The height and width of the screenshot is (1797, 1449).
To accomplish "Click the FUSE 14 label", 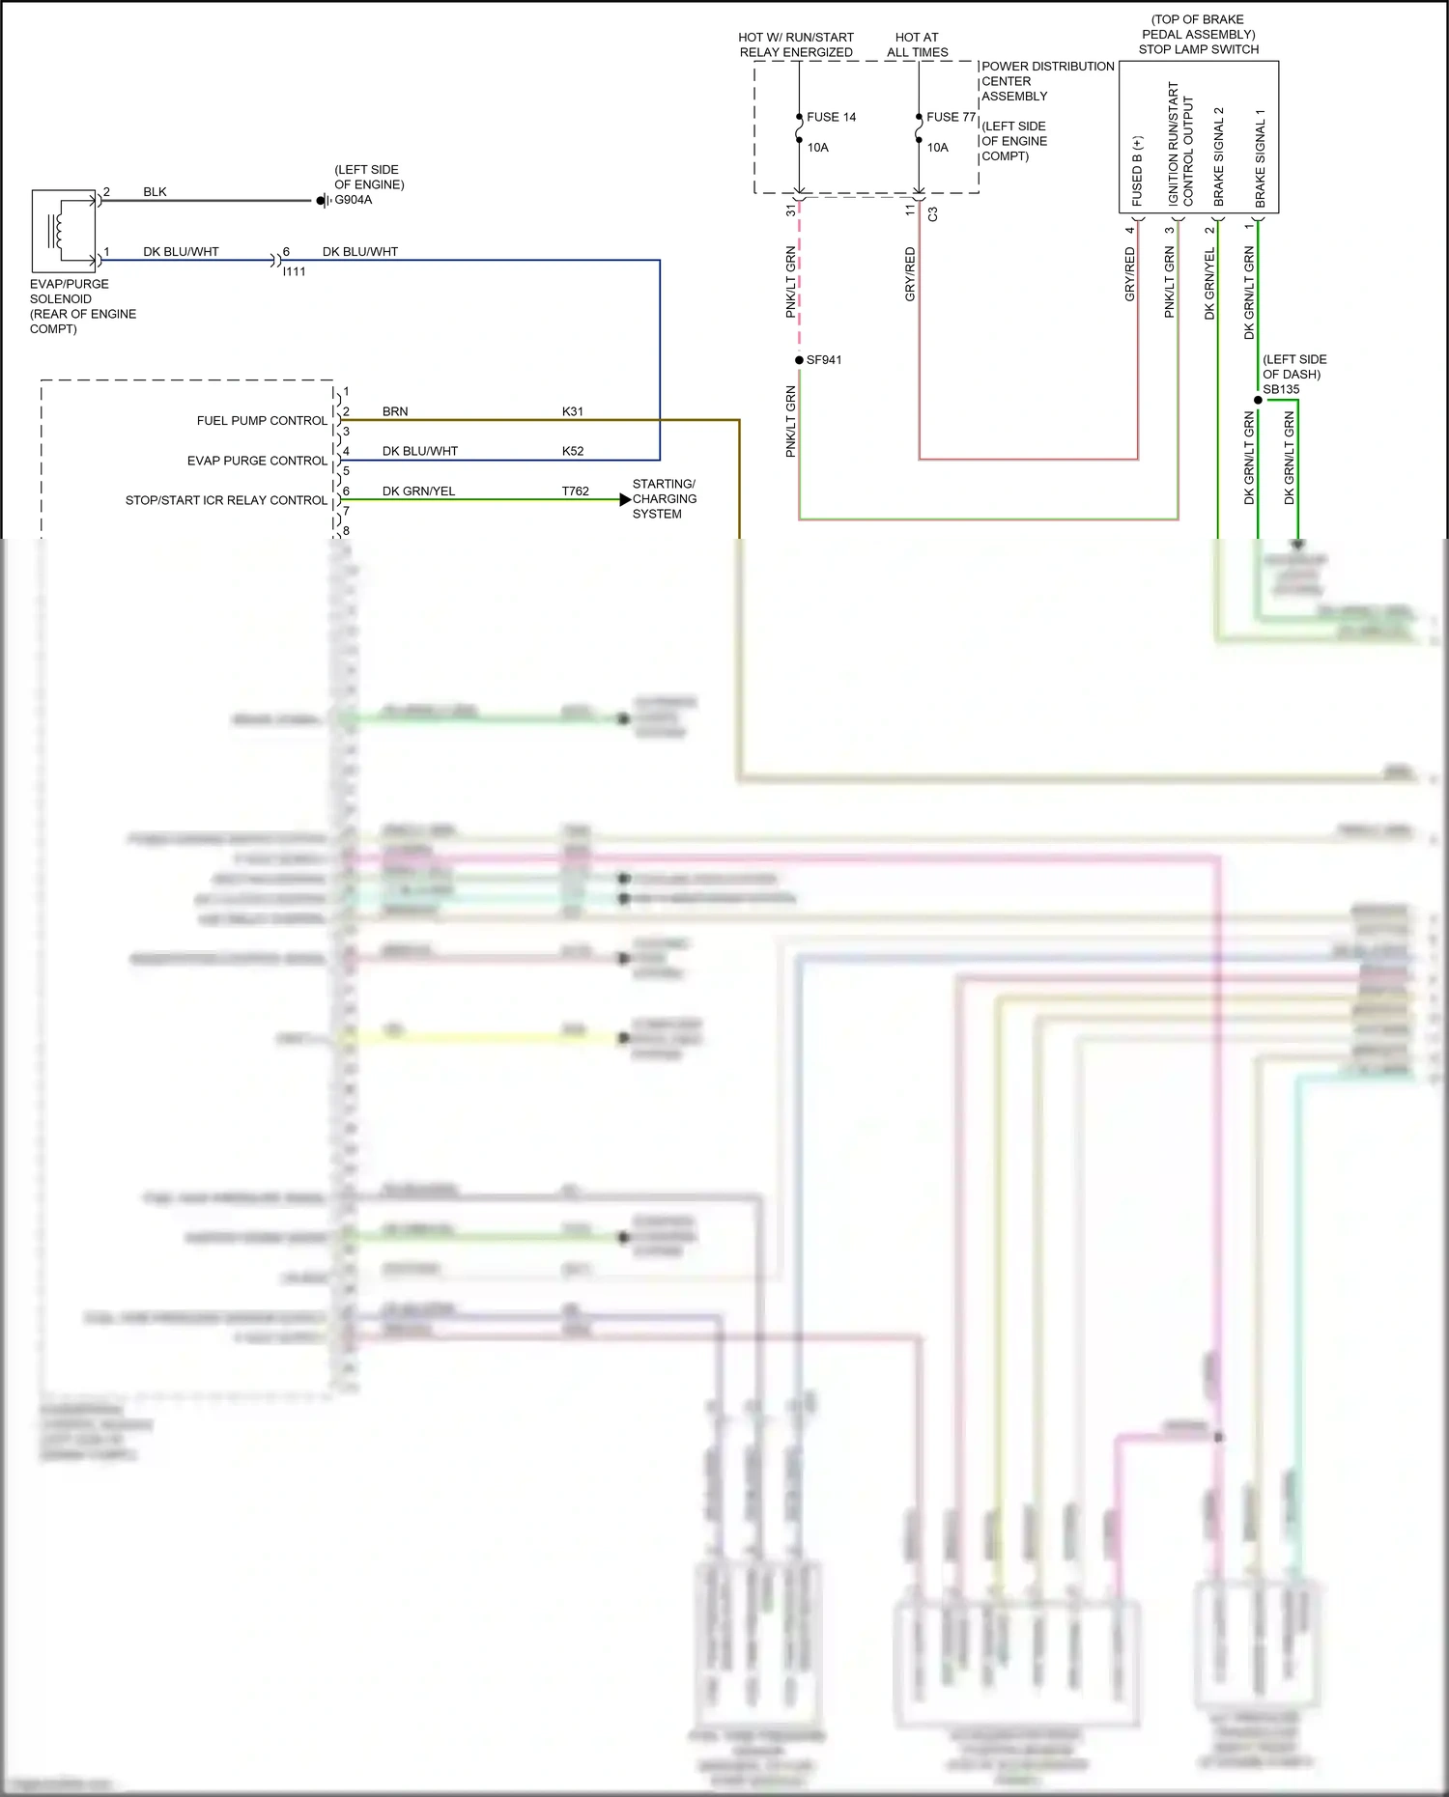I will pyautogui.click(x=831, y=117).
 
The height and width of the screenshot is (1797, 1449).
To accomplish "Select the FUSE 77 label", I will pyautogui.click(x=951, y=117).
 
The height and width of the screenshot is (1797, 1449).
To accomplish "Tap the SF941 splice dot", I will pyautogui.click(x=799, y=360).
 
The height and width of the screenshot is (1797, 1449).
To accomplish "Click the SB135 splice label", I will pyautogui.click(x=1281, y=389).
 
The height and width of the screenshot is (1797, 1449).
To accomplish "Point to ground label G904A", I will pyautogui.click(x=353, y=200).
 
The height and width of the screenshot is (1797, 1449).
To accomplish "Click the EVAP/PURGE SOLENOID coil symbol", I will pyautogui.click(x=58, y=230).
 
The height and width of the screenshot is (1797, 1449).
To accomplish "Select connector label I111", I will pyautogui.click(x=294, y=271).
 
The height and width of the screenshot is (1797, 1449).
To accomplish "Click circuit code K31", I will pyautogui.click(x=573, y=411).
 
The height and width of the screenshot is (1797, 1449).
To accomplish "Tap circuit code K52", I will pyautogui.click(x=573, y=451).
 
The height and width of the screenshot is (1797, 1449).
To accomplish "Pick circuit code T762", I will pyautogui.click(x=575, y=491).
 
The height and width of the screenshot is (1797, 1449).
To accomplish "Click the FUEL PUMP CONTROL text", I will pyautogui.click(x=262, y=421).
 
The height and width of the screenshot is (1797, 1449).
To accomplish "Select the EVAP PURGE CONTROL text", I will pyautogui.click(x=257, y=461).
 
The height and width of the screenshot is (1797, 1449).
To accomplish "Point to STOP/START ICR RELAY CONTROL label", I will pyautogui.click(x=226, y=500).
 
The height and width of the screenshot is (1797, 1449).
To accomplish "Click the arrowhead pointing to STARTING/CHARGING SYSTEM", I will pyautogui.click(x=625, y=499).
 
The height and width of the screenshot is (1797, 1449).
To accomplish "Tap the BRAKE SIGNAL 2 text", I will pyautogui.click(x=1218, y=156).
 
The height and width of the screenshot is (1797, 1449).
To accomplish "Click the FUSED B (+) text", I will pyautogui.click(x=1137, y=171).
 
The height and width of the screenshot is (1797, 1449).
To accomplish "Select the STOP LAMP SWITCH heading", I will pyautogui.click(x=1198, y=49).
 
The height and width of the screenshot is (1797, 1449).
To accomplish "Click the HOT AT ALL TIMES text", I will pyautogui.click(x=917, y=44).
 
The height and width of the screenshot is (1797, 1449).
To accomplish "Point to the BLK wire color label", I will pyautogui.click(x=155, y=191).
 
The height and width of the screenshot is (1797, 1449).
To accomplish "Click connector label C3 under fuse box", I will pyautogui.click(x=932, y=214).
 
